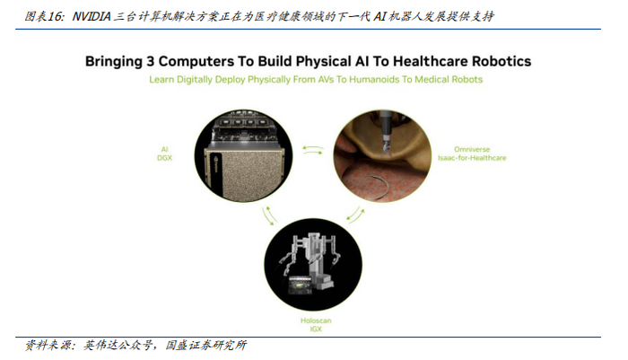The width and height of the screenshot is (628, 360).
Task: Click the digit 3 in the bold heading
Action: click(157, 62)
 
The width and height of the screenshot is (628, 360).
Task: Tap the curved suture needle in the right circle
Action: click(352, 187)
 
